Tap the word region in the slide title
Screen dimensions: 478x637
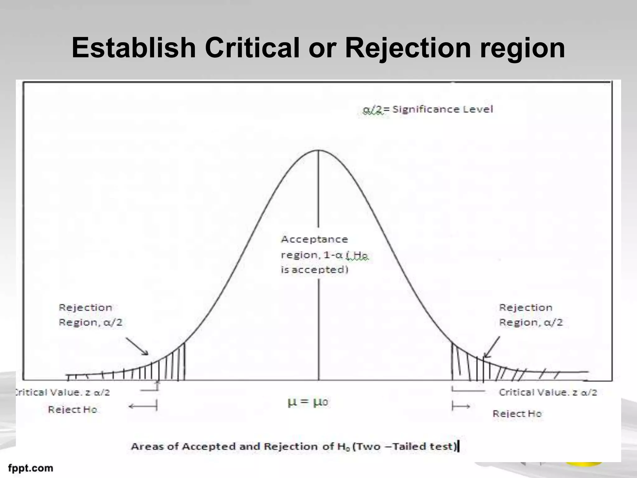click(523, 49)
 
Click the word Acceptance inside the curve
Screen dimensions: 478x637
click(314, 239)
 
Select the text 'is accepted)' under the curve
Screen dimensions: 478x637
click(314, 269)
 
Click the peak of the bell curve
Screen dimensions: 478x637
click(318, 151)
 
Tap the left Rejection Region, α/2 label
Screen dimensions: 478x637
click(90, 315)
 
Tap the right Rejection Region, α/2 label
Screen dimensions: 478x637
click(531, 315)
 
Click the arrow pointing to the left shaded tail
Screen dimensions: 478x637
click(137, 346)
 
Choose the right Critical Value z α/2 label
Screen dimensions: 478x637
click(548, 392)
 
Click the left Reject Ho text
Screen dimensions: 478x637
click(73, 409)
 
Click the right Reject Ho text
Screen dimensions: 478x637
click(517, 414)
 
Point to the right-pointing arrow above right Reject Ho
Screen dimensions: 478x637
click(461, 406)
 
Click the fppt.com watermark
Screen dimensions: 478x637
click(30, 468)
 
